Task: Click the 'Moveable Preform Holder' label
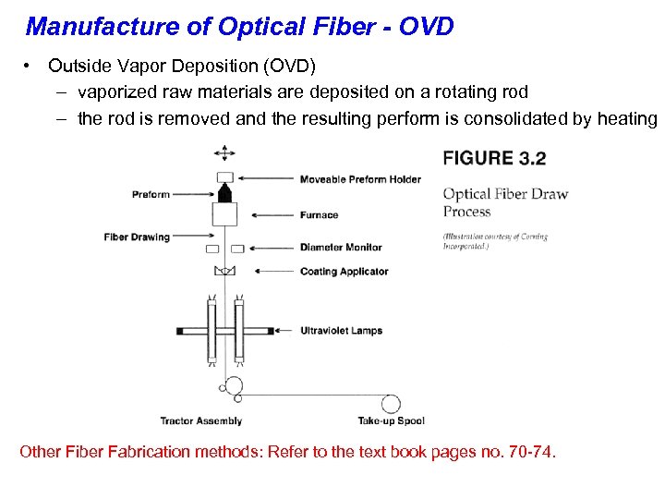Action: click(x=360, y=179)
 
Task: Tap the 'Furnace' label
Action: click(x=319, y=215)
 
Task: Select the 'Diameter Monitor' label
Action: click(x=341, y=248)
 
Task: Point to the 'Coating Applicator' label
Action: click(x=344, y=272)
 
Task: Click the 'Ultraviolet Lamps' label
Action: click(x=341, y=331)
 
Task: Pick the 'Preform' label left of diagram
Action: click(x=151, y=195)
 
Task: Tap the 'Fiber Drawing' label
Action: click(x=137, y=237)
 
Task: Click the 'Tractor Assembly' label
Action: click(x=201, y=421)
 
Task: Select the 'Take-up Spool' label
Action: click(x=391, y=421)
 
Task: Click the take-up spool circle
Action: click(x=391, y=404)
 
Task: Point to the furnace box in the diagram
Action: click(x=224, y=214)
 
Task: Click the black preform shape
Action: click(x=224, y=192)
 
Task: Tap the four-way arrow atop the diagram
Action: click(x=224, y=153)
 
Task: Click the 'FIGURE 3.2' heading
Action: click(x=494, y=158)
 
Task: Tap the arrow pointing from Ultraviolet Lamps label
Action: click(x=284, y=331)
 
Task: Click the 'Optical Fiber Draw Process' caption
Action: click(x=505, y=202)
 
